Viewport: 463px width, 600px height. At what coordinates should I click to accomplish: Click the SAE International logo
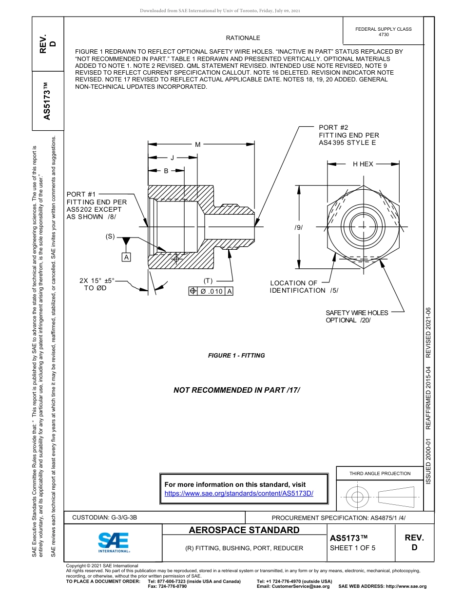click(x=114, y=542)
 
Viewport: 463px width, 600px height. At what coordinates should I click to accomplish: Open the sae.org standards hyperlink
click(x=239, y=493)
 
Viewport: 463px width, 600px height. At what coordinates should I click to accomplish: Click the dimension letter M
click(x=198, y=144)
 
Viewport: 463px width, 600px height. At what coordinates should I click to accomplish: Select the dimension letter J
click(x=172, y=158)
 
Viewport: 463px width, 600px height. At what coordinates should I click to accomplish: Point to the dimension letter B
click(x=166, y=171)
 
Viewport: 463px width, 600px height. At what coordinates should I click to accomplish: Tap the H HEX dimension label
click(x=363, y=164)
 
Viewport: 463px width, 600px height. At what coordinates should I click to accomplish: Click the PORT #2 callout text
click(x=348, y=135)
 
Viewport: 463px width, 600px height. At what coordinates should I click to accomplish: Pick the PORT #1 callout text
click(x=96, y=205)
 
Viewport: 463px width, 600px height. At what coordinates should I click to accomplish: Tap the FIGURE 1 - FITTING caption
click(x=236, y=356)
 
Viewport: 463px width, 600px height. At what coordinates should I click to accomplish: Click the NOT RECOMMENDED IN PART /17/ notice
click(x=237, y=390)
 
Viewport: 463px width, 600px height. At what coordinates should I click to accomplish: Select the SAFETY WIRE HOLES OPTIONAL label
click(x=357, y=317)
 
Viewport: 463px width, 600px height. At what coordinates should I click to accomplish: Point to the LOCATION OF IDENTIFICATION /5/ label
click(x=304, y=287)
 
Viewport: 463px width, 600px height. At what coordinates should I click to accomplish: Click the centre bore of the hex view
click(x=363, y=226)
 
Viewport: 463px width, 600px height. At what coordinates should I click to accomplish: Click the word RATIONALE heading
click(x=243, y=38)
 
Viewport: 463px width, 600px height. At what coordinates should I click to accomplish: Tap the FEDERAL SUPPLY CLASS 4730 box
click(x=383, y=32)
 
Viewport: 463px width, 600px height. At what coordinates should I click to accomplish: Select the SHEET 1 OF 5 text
click(x=352, y=548)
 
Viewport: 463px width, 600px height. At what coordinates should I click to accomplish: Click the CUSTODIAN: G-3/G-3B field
click(x=105, y=518)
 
